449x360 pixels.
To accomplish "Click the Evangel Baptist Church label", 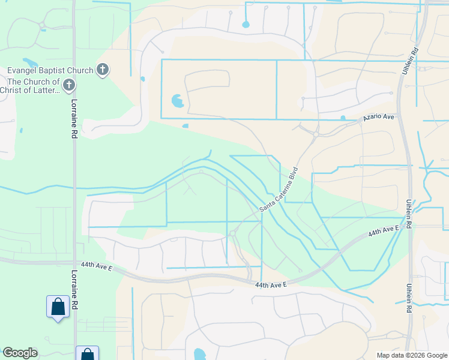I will click(x=50, y=70).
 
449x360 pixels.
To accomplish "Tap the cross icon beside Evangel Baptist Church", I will click(x=103, y=70).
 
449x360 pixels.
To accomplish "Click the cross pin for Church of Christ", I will click(x=69, y=85).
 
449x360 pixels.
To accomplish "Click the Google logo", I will click(x=20, y=353).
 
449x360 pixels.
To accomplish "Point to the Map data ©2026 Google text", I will click(x=411, y=355).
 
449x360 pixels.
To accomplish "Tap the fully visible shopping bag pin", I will click(x=58, y=307).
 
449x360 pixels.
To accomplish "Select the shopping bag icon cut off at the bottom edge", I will click(x=87, y=354).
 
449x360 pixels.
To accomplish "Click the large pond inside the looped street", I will click(x=178, y=100).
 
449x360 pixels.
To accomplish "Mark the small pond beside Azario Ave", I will click(x=342, y=118).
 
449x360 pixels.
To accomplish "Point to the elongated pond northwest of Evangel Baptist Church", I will click(x=29, y=62).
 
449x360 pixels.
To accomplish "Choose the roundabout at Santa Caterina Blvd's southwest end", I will click(x=232, y=233).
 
